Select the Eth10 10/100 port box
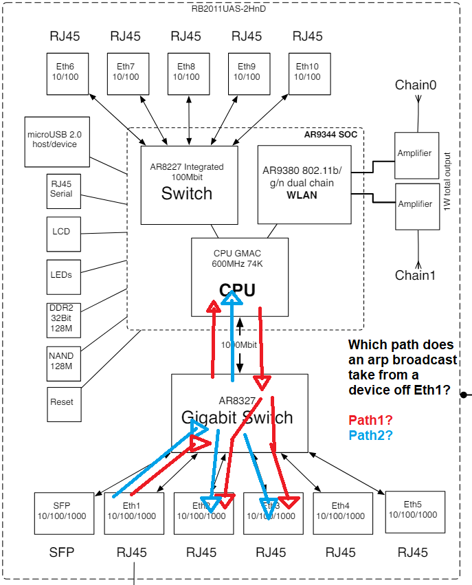click(x=308, y=71)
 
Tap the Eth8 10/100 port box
click(x=186, y=71)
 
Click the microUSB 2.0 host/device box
click(x=57, y=141)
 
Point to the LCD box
click(x=61, y=232)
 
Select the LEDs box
click(x=61, y=274)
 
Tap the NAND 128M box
click(x=61, y=362)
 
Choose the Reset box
click(x=61, y=402)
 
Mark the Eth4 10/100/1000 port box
click(x=340, y=512)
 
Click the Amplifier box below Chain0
click(x=416, y=153)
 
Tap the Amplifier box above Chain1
click(x=416, y=204)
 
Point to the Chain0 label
click(x=416, y=85)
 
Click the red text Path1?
click(x=370, y=420)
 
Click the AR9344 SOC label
click(x=331, y=135)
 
